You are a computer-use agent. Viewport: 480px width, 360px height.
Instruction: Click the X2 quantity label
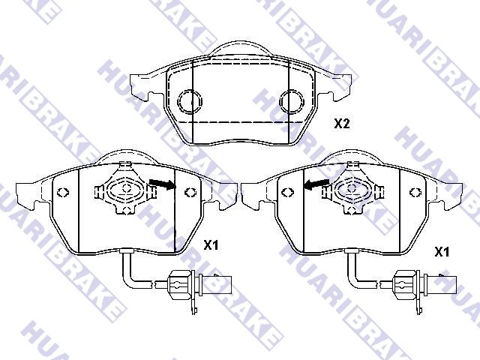[x=341, y=124]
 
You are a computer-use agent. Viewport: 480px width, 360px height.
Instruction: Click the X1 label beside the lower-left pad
[x=211, y=244]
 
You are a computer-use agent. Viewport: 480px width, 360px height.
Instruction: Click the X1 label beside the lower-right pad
[x=442, y=253]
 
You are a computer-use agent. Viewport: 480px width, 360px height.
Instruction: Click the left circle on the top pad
[x=190, y=100]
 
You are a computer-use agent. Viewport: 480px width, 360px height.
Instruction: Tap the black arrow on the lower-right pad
[x=316, y=183]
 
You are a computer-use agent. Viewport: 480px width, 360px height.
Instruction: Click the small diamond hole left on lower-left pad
[x=64, y=190]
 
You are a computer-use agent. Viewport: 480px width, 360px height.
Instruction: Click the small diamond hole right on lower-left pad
[x=189, y=190]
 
